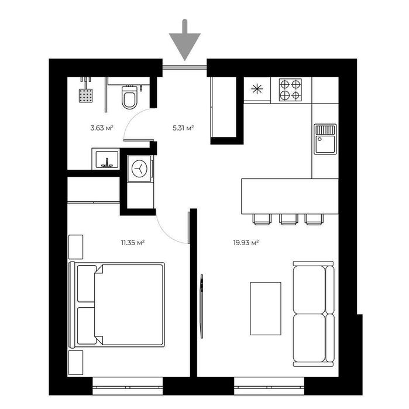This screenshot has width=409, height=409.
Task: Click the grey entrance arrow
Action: pos(184,41)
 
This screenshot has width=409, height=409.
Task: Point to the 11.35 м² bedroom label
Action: pos(133,241)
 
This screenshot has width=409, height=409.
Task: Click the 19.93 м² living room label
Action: pos(246,241)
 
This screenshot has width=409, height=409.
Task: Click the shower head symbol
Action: pos(87,94)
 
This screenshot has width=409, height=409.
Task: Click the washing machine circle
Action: pos(139,169)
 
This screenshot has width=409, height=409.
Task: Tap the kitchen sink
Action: pos(325,138)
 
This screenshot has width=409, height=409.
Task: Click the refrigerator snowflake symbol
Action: pos(256,90)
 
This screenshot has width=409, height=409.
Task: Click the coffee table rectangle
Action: pos(265,308)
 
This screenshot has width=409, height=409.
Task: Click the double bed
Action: pos(117,304)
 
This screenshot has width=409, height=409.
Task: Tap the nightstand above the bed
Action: pos(76,247)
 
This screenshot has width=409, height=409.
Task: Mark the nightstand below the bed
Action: pos(76,362)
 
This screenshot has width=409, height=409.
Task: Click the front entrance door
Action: pos(184,68)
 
